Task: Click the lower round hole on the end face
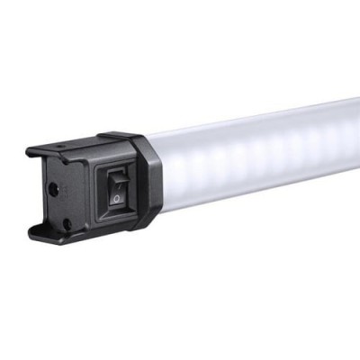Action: (65, 222)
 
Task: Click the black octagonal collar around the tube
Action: (148, 180)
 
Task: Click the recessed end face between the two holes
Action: (58, 205)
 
